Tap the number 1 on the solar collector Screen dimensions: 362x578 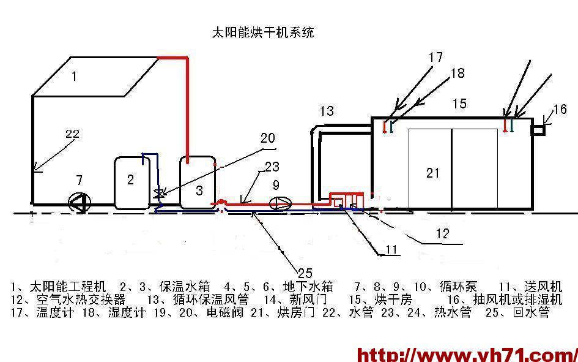click(x=74, y=77)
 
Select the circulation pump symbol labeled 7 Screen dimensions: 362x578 click(x=79, y=202)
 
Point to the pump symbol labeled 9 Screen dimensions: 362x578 click(x=280, y=202)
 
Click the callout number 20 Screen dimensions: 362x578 click(x=268, y=139)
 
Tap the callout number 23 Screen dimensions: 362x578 click(x=272, y=166)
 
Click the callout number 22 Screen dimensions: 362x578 click(x=72, y=135)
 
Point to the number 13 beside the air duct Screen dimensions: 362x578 click(x=327, y=111)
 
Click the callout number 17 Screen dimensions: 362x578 click(x=435, y=58)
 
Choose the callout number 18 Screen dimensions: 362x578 click(x=457, y=74)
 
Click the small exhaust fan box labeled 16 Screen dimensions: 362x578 click(x=539, y=130)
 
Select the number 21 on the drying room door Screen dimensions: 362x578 click(x=432, y=173)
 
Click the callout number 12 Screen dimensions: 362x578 click(x=443, y=233)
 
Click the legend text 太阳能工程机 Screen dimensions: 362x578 click(x=67, y=287)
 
